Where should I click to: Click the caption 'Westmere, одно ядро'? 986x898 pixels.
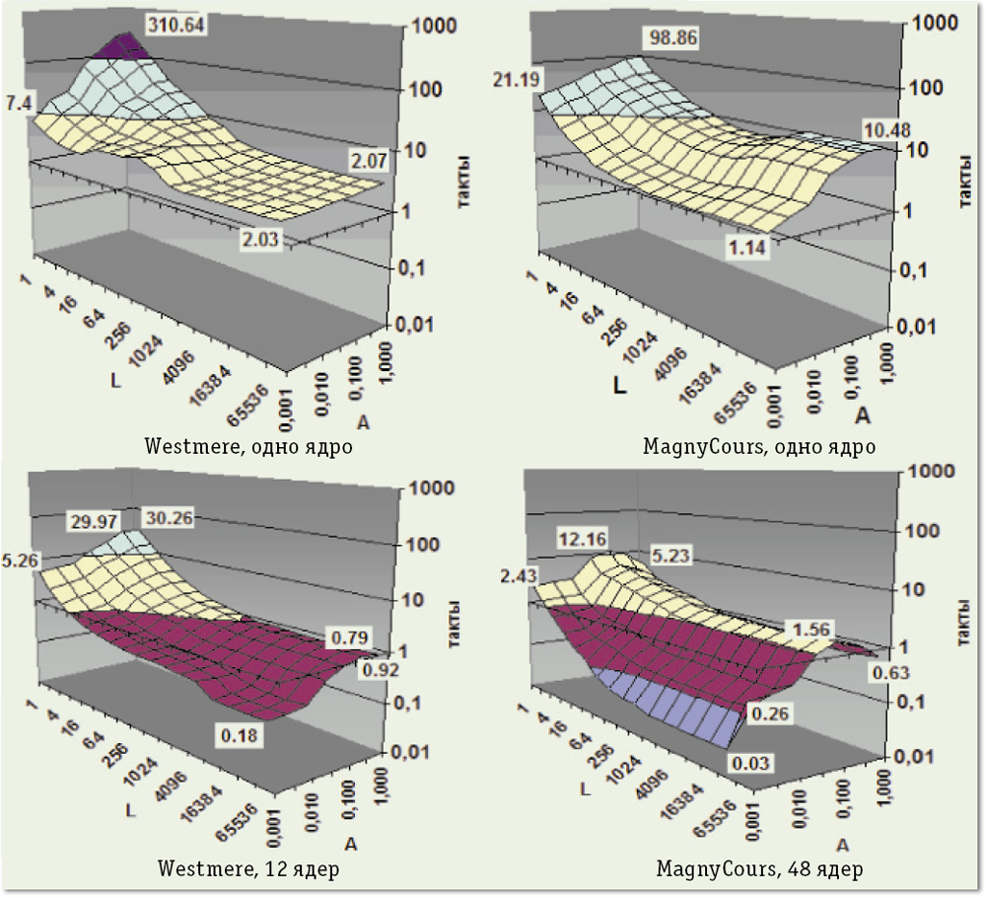tap(248, 446)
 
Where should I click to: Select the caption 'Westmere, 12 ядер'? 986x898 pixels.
tap(246, 868)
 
